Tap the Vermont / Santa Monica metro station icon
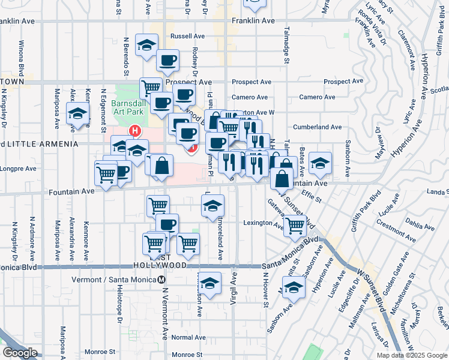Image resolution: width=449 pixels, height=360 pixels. pyautogui.click(x=161, y=280)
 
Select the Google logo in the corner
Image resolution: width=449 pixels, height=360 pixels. pyautogui.click(x=20, y=353)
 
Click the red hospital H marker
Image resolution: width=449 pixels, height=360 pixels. pyautogui.click(x=136, y=130)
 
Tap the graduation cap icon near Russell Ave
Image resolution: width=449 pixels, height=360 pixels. pyautogui.click(x=146, y=45)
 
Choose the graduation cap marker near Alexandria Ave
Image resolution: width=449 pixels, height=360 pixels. pyautogui.click(x=77, y=114)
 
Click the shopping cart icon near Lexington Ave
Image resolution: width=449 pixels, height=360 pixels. pyautogui.click(x=295, y=226)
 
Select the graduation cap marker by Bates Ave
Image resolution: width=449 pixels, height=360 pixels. pyautogui.click(x=321, y=163)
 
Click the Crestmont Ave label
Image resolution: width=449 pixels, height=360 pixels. pyautogui.click(x=396, y=230)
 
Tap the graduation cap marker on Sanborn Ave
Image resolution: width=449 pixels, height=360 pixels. pyautogui.click(x=294, y=288)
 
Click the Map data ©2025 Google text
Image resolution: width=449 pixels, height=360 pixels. pyautogui.click(x=412, y=355)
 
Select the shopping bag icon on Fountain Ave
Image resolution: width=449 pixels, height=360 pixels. pyautogui.click(x=282, y=178)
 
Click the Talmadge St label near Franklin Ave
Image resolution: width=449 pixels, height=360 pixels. pyautogui.click(x=286, y=45)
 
